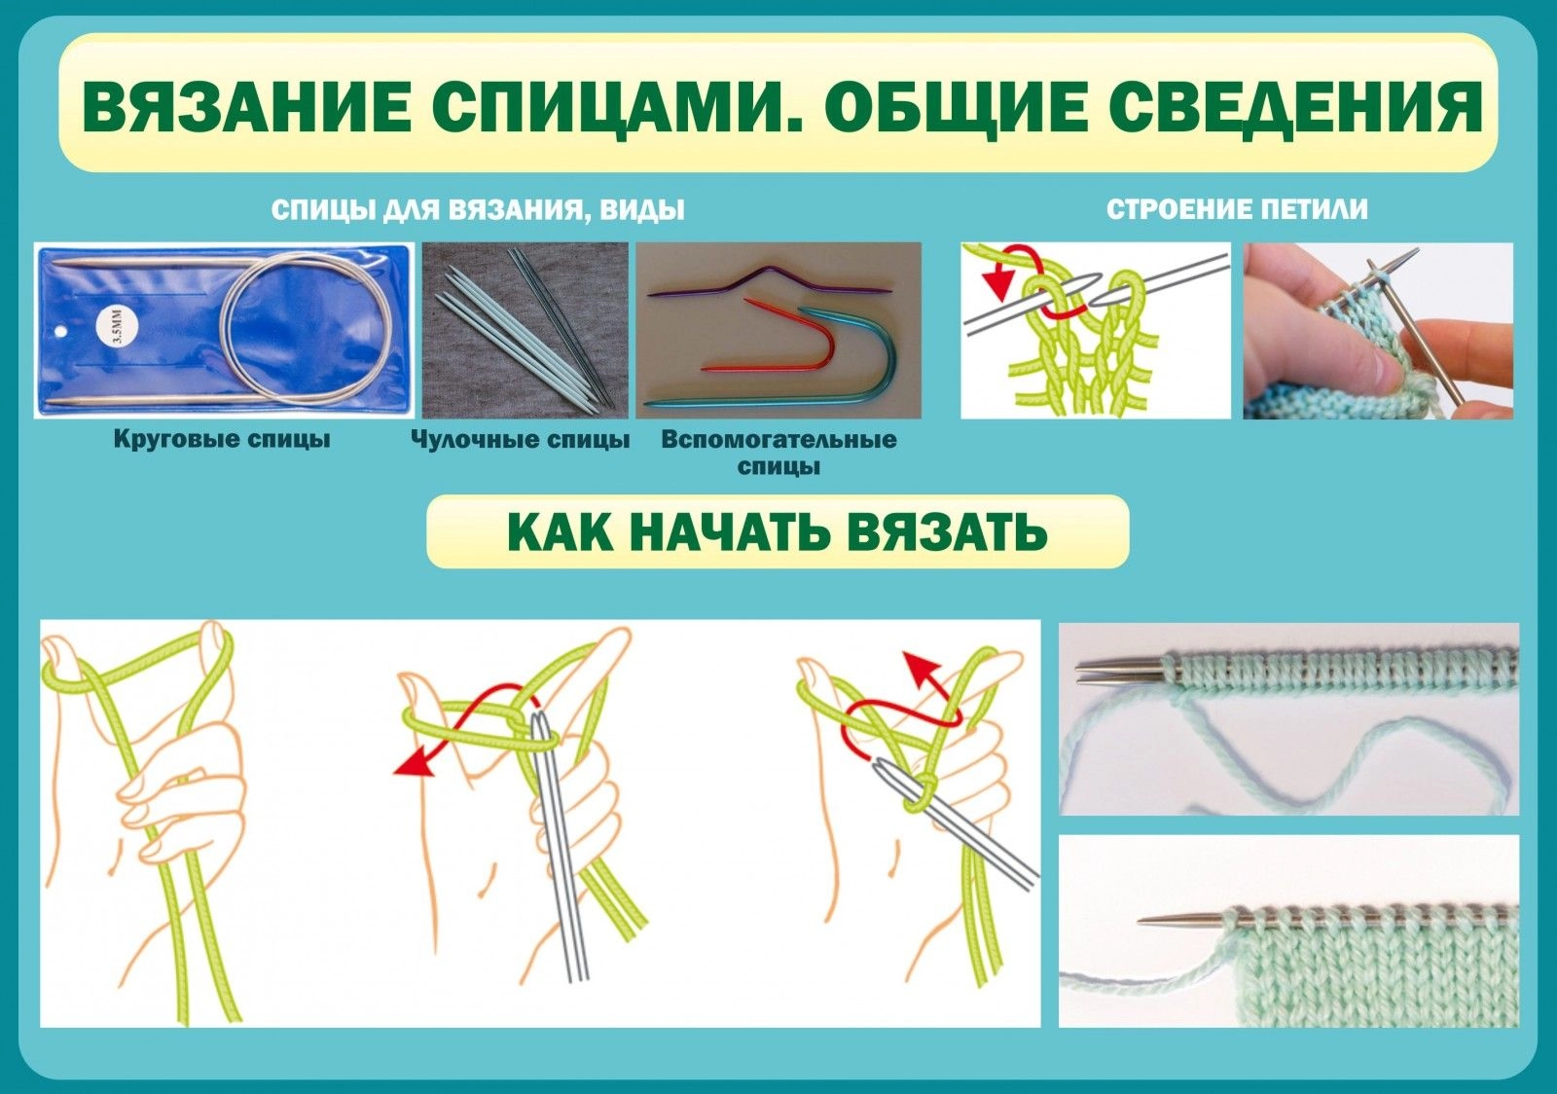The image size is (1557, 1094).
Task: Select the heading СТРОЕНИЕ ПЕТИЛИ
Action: [1237, 209]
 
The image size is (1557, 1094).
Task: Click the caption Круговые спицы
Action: [222, 439]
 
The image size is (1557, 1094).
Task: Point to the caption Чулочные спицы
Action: [520, 439]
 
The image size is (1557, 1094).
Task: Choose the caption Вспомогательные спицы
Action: [778, 453]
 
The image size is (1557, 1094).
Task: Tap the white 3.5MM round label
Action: [118, 326]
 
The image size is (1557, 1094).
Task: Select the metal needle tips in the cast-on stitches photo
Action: [1120, 670]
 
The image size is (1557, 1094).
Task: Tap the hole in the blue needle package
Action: [60, 332]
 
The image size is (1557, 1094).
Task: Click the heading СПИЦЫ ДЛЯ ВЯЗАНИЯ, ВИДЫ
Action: [478, 209]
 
